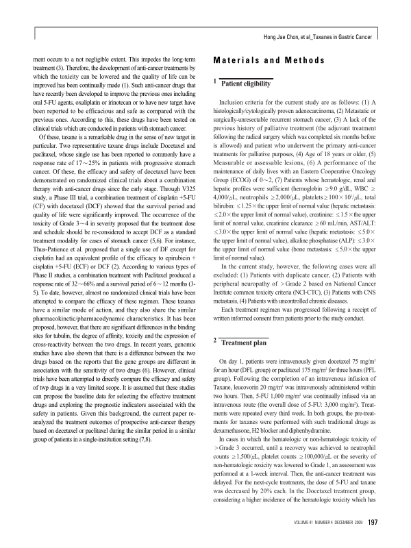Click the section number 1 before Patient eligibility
pos(216,82)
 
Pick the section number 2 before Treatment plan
pos(216,340)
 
